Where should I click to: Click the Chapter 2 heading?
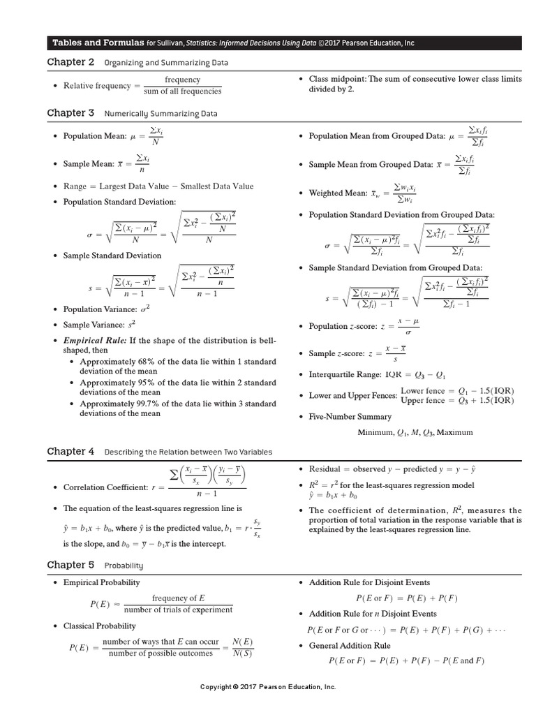click(70, 62)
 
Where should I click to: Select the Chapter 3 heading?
click(70, 112)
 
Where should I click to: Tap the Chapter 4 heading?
click(70, 452)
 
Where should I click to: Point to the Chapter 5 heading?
click(70, 564)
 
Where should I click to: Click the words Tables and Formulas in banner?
click(98, 43)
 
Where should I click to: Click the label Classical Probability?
click(100, 626)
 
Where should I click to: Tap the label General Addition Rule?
click(350, 646)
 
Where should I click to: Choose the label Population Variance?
click(100, 309)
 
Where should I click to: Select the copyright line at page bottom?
click(268, 687)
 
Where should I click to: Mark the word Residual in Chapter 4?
click(325, 469)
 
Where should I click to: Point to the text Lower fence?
click(422, 390)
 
